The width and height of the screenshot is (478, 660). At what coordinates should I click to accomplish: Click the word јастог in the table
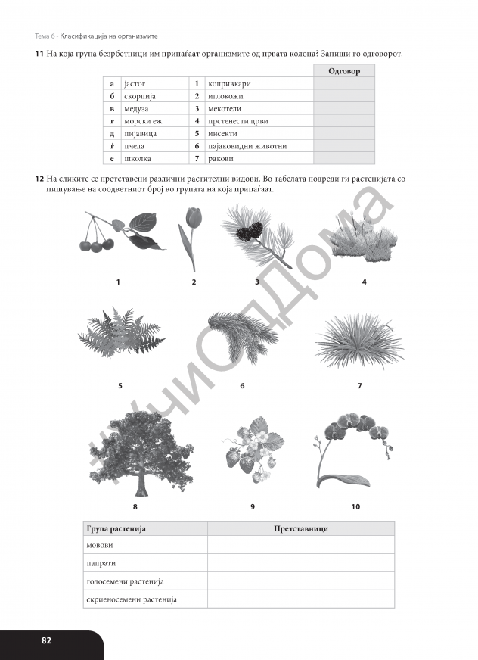[134, 83]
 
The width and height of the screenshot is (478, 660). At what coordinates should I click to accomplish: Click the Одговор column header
[344, 70]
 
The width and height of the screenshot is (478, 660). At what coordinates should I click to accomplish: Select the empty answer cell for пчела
[344, 146]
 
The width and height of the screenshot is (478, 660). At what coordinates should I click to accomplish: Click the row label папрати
[102, 564]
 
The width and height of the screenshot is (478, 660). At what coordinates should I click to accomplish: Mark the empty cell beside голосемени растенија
[300, 581]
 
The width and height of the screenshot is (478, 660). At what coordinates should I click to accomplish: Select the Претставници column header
[300, 528]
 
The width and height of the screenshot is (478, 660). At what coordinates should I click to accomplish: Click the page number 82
[47, 640]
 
